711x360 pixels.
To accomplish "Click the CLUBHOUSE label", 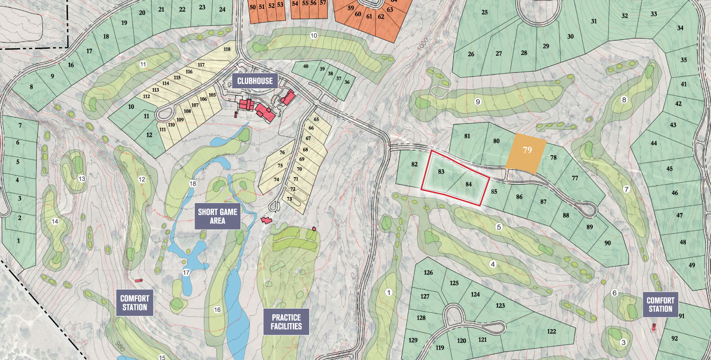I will tap(254, 81).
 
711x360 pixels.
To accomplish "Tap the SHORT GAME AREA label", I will tap(218, 216).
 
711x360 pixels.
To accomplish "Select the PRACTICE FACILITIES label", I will tap(286, 322).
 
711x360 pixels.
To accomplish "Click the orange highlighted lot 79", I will tap(527, 150).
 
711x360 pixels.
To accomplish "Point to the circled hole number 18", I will tap(193, 184).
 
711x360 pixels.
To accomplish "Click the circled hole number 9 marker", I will tap(478, 101).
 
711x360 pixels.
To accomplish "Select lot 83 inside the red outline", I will tap(441, 172).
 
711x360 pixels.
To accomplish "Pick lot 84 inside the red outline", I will tap(469, 184).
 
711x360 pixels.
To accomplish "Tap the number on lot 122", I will tap(551, 331).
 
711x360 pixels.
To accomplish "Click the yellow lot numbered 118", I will tap(227, 49).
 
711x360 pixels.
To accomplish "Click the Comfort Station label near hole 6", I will tap(661, 304).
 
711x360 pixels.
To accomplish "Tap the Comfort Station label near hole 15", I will tap(134, 303).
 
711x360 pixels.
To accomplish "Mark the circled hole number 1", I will tap(388, 292).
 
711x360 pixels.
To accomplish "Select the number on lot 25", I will tap(484, 12).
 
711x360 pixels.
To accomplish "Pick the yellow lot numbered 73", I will tap(290, 199).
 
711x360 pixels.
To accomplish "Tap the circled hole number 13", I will tap(81, 179).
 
